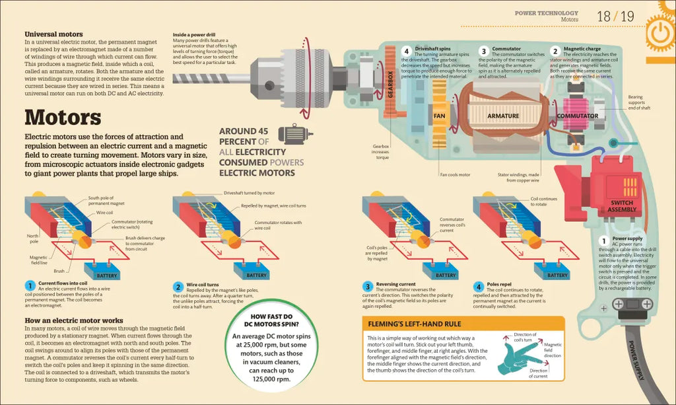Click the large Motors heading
click(63, 118)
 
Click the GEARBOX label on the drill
click(390, 83)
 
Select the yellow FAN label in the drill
click(440, 116)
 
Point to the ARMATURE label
click(503, 116)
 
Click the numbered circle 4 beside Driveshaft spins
click(407, 51)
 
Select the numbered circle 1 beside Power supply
click(603, 240)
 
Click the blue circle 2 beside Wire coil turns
click(178, 286)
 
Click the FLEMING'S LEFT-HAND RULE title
click(415, 324)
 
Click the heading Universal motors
click(53, 34)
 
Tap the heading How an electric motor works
click(74, 320)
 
